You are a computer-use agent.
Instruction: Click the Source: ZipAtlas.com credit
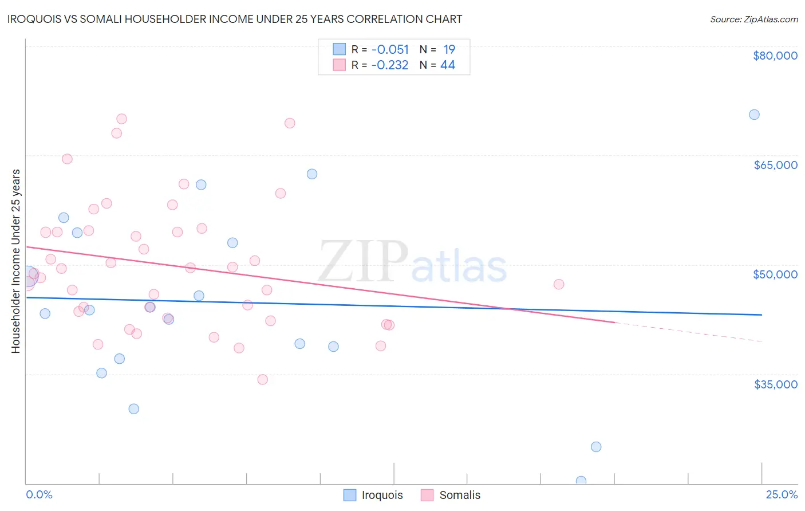tap(753, 19)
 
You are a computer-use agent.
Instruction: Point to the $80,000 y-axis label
tap(775, 56)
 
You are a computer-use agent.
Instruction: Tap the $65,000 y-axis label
tap(775, 165)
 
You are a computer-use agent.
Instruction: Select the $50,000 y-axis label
tap(775, 274)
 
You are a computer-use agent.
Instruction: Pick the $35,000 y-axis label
tap(775, 384)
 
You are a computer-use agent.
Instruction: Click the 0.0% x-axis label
tap(39, 495)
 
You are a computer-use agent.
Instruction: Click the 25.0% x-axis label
tap(782, 495)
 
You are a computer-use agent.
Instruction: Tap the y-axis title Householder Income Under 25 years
tap(15, 261)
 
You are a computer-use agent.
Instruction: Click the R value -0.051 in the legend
tap(390, 50)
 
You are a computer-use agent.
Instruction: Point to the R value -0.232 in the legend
tap(390, 65)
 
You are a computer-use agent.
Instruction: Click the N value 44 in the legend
tap(448, 65)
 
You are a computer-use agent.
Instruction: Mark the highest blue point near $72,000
tap(754, 115)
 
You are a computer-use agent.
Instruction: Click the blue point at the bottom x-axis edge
tap(581, 481)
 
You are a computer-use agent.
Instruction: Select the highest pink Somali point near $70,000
tap(121, 119)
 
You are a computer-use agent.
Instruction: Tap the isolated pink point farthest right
tap(559, 284)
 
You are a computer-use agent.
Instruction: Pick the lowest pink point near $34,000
tap(263, 379)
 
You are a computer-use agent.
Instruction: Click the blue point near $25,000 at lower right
tap(596, 447)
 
